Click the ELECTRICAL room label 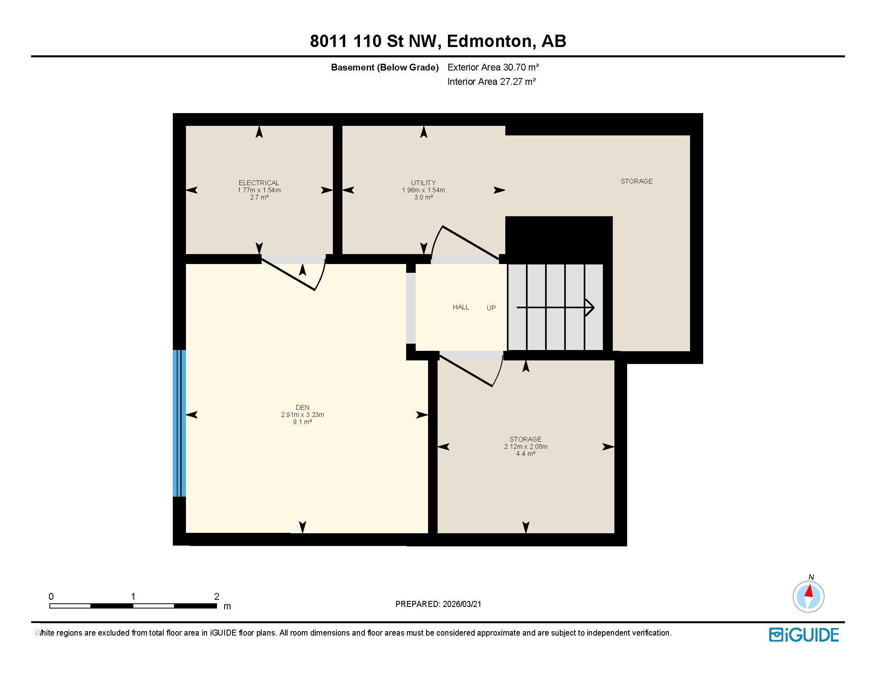(x=259, y=183)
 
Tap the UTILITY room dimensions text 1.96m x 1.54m (x=423, y=190)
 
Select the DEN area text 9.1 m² (x=303, y=422)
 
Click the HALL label (x=461, y=307)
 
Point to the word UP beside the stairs (x=491, y=308)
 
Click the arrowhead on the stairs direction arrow (x=590, y=307)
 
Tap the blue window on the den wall (x=179, y=423)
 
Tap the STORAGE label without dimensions (x=637, y=181)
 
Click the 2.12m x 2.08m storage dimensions (x=526, y=446)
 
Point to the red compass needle (x=810, y=591)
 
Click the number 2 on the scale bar (x=217, y=597)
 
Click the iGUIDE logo (x=804, y=635)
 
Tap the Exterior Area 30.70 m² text (x=493, y=67)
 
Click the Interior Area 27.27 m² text (x=491, y=82)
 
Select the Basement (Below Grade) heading (x=384, y=67)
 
